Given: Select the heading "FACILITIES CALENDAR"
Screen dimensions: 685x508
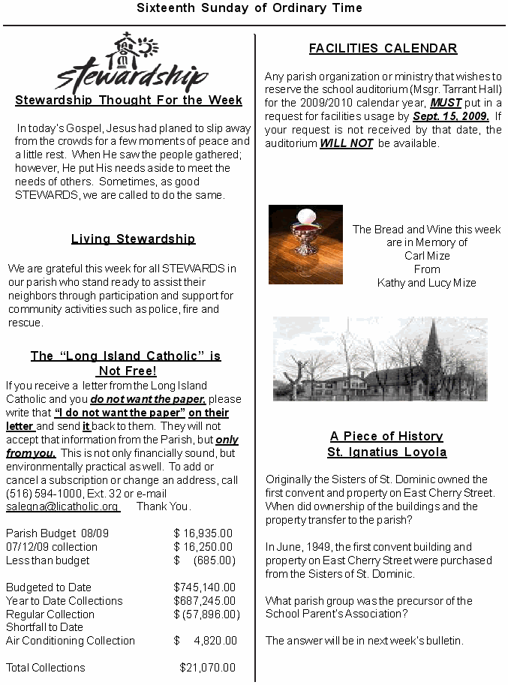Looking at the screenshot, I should [383, 49].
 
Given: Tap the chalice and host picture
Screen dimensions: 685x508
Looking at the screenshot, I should [305, 244].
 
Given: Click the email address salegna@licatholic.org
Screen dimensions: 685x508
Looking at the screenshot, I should [62, 506].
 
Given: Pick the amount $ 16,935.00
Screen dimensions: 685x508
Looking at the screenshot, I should [203, 533].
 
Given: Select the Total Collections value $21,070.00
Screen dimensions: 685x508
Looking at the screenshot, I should [207, 668].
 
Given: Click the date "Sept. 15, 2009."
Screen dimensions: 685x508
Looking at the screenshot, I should [450, 117].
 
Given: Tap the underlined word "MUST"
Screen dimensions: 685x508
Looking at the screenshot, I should [446, 104].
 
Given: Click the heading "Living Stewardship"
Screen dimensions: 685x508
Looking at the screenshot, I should [133, 239].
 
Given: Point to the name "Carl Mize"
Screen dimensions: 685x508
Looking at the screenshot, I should [427, 256].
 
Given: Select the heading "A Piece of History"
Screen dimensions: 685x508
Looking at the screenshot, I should [386, 437].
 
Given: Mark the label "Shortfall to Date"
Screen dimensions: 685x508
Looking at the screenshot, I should [44, 627].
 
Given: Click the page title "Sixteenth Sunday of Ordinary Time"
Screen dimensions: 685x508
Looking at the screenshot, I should [249, 8].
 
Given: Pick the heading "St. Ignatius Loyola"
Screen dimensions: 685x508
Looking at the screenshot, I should [386, 452].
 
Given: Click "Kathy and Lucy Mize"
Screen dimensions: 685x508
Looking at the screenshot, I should [426, 283].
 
